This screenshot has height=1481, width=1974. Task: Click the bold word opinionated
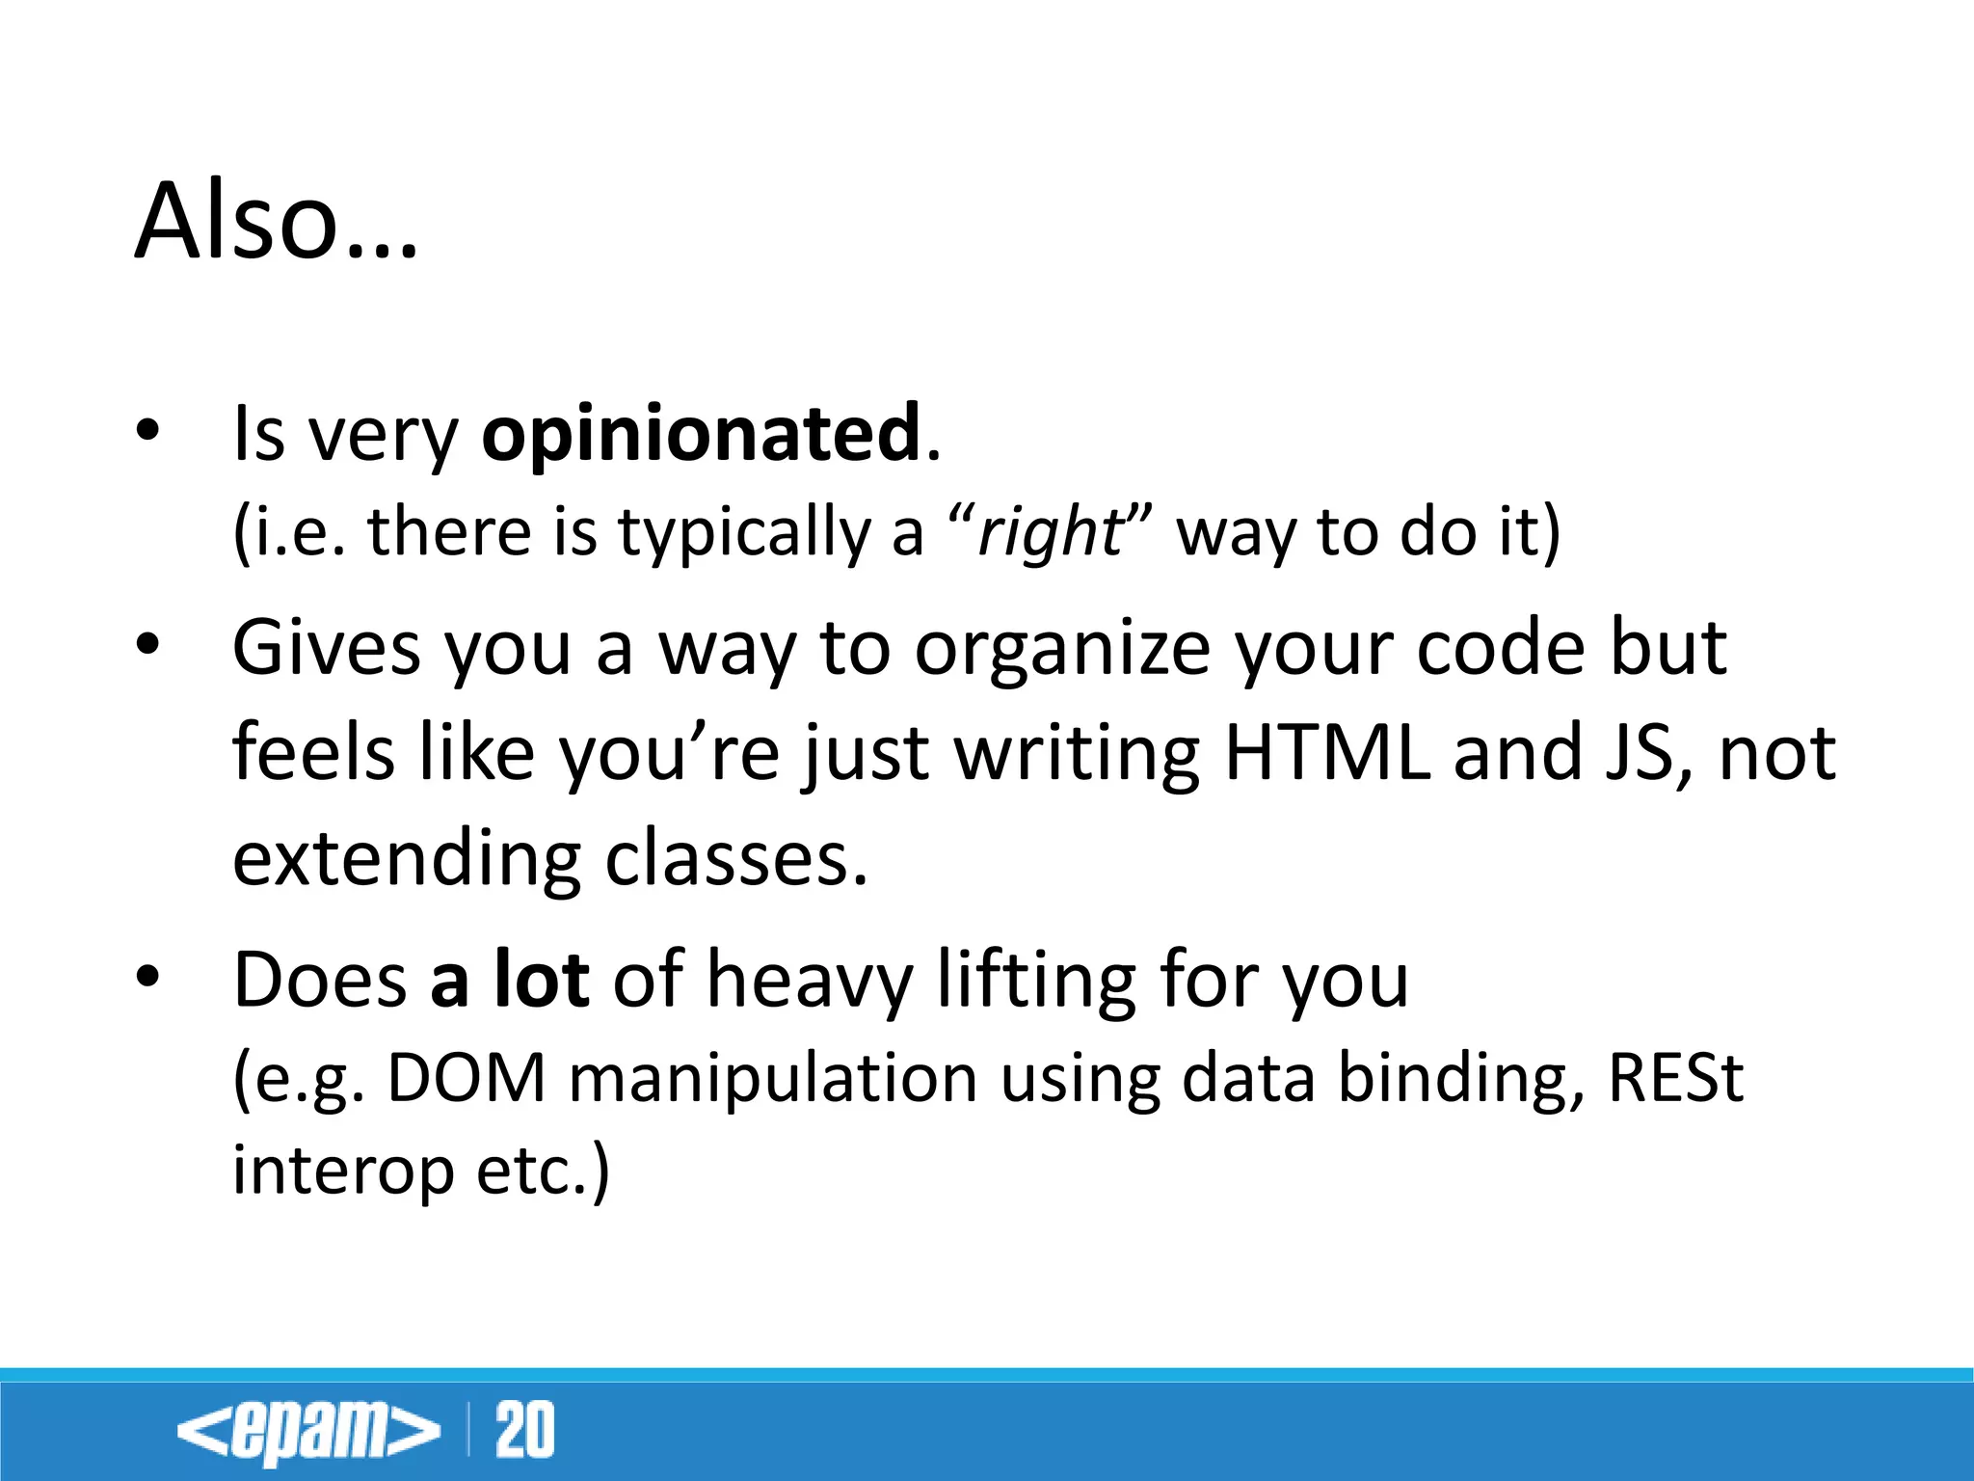click(701, 435)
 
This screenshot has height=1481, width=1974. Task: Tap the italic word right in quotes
click(1048, 532)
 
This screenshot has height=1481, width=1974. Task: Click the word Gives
click(327, 648)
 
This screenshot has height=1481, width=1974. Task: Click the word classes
click(736, 858)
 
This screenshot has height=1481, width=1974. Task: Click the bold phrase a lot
click(509, 980)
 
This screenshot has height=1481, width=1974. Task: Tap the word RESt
click(1675, 1078)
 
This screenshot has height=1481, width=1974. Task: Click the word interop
click(343, 1172)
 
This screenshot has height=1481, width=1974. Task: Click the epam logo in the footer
click(307, 1430)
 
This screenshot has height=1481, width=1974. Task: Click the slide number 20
click(525, 1430)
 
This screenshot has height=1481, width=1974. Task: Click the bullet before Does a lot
click(147, 977)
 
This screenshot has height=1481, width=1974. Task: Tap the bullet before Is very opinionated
click(147, 431)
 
